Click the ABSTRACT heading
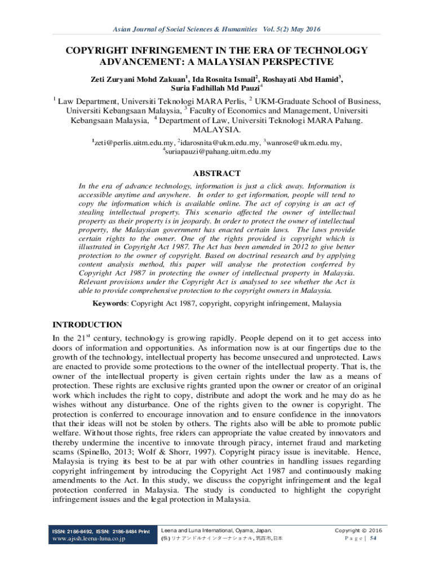[x=217, y=173]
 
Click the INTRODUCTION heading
[x=87, y=325]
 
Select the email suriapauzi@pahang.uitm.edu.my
[x=218, y=151]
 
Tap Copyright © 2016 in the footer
[x=358, y=531]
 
